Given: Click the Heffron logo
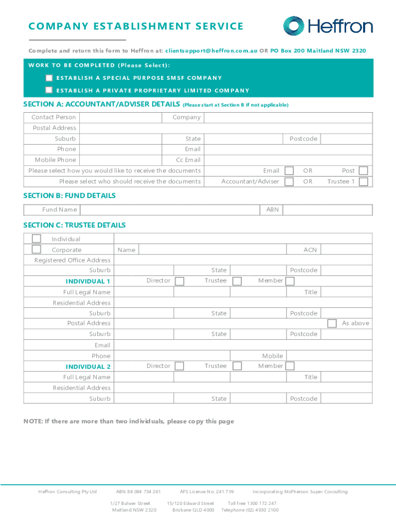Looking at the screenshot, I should [328, 26].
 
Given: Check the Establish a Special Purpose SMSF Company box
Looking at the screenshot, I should [49, 78].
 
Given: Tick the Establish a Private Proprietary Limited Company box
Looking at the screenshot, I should [49, 90].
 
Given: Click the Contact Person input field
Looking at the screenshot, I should [121, 117].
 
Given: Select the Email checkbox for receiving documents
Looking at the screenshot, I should [290, 170].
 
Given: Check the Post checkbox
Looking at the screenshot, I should [363, 170].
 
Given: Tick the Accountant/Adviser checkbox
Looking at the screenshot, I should [290, 181].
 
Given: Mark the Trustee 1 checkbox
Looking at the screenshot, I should [363, 181].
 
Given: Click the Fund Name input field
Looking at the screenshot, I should [170, 209].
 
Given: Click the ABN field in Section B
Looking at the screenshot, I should [327, 209].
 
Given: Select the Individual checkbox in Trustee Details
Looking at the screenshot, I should [37, 239].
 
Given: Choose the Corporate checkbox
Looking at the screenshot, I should [37, 250].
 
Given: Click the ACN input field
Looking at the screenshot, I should [347, 250].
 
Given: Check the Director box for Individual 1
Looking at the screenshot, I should [179, 280].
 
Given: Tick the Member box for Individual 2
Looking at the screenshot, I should [290, 366].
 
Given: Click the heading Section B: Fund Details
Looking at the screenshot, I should [69, 196].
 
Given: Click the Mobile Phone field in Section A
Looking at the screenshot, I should [121, 160].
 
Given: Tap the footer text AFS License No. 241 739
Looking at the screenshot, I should [207, 491].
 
